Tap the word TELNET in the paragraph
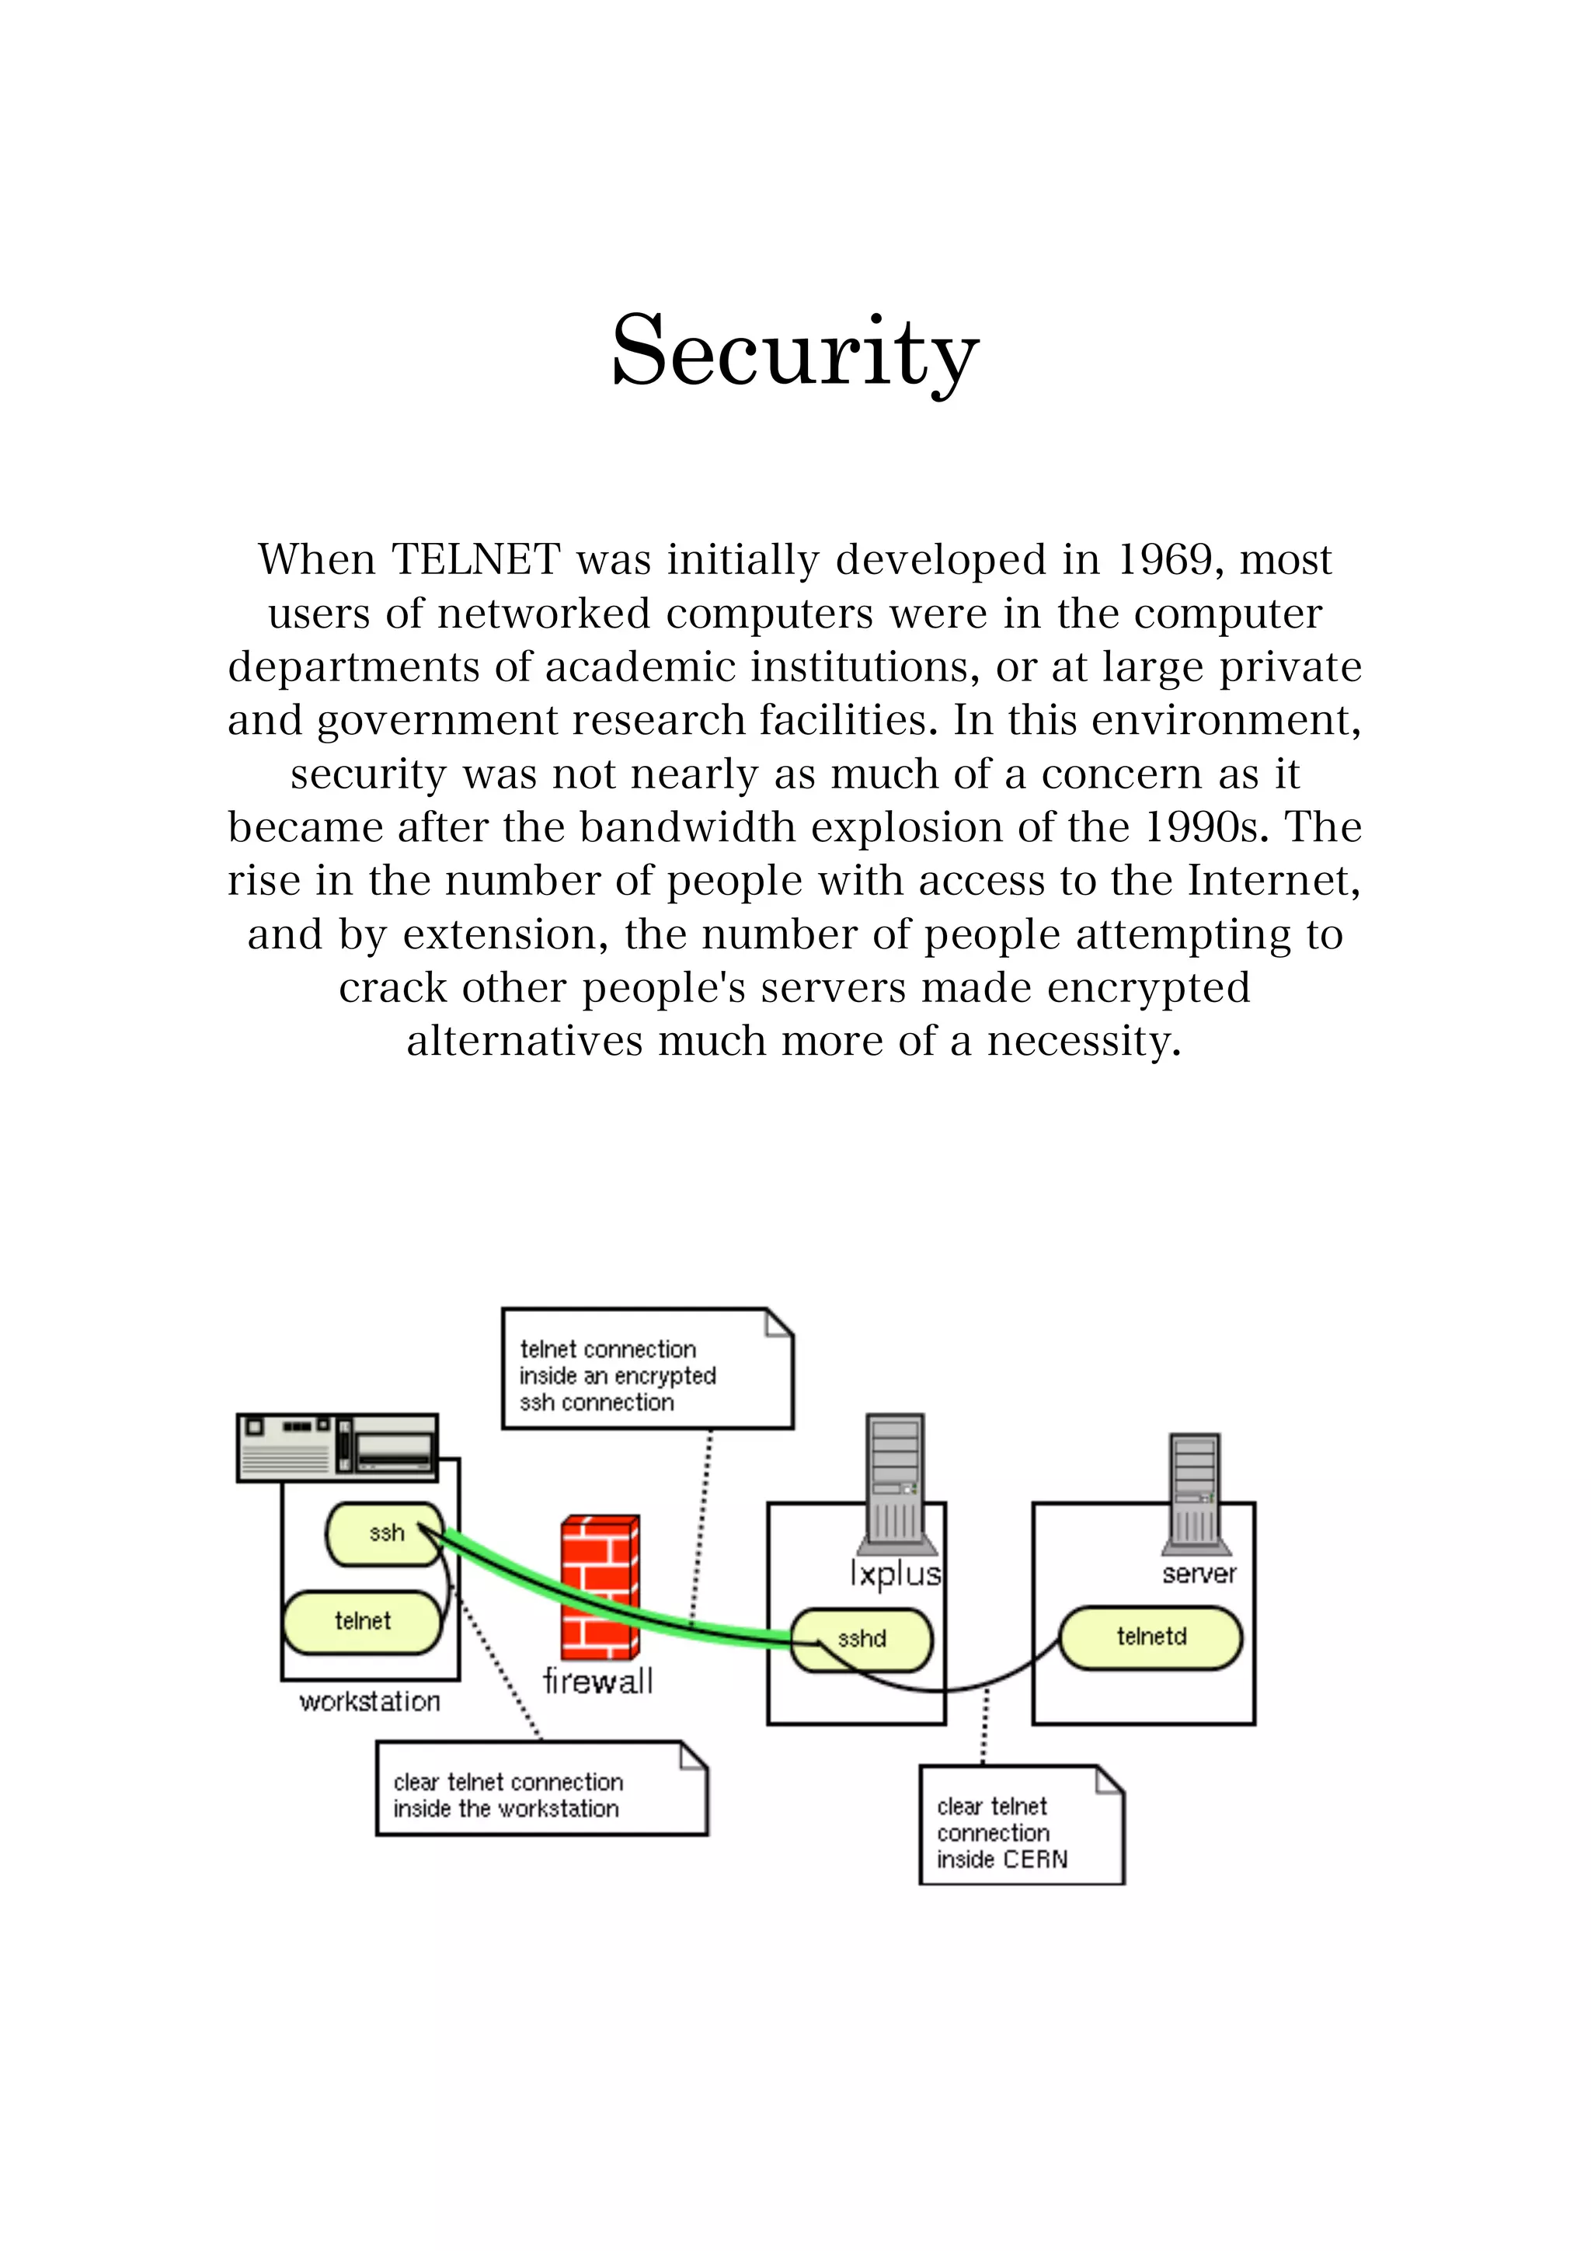click(475, 560)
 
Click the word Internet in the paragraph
click(1273, 880)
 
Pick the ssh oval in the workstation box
click(385, 1533)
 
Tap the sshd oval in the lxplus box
click(862, 1638)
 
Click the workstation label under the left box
click(370, 1702)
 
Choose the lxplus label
click(895, 1574)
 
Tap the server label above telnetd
click(1198, 1574)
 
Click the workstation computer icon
click(337, 1447)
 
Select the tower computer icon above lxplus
click(895, 1481)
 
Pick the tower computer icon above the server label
click(1195, 1493)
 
